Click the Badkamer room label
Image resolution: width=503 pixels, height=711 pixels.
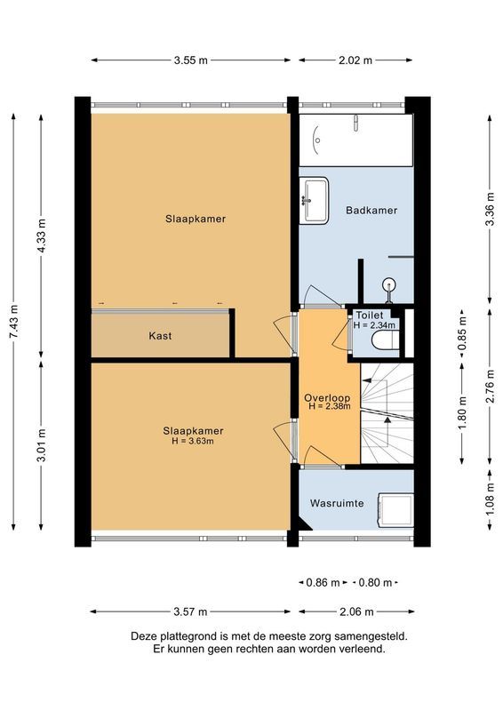(x=371, y=211)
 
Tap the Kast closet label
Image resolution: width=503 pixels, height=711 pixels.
(x=160, y=336)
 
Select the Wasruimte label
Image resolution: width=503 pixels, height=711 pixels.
(x=337, y=503)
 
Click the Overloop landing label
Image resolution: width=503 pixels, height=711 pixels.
(x=326, y=396)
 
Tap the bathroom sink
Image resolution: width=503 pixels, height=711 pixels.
(x=315, y=198)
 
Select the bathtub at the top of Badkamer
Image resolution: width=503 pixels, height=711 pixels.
(x=355, y=140)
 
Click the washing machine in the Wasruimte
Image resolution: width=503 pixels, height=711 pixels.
(x=395, y=510)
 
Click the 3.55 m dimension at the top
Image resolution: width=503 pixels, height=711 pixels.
(x=191, y=60)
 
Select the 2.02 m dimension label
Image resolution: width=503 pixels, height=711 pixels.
(x=355, y=60)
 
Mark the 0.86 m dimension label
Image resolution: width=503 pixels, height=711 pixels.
(x=323, y=583)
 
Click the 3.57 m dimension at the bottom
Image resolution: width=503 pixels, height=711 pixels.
(x=191, y=611)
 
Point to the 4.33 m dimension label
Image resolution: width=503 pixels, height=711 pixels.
(x=42, y=235)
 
